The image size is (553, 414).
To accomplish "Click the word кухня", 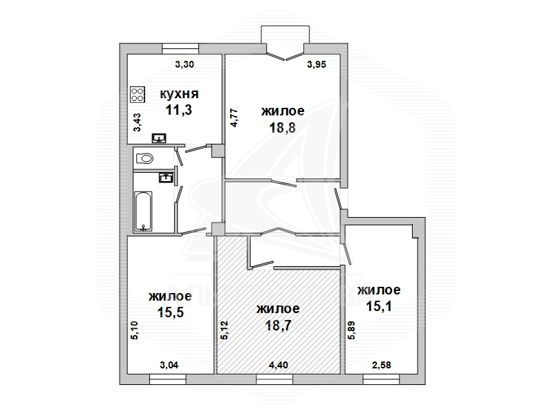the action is pos(179,94).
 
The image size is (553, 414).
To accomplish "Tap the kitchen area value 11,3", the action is pos(179,110).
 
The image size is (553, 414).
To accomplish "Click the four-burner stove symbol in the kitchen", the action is pos(138,95).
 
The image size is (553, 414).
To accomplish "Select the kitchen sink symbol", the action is pos(160,138).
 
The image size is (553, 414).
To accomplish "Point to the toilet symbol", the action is pos(144,158).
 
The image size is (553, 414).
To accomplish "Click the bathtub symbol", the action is pos(143,211).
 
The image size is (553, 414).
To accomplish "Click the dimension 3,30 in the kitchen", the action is pos(185,64).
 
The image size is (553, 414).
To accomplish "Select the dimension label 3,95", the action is pos(317,64).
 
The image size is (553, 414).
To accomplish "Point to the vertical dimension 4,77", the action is pos(234,118).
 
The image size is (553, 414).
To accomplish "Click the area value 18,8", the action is pos(282,128).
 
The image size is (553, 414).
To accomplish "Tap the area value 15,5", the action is pos(170,312).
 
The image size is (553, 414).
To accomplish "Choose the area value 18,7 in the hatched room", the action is pos(279,325).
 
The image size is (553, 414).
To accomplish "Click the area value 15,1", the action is pos(379,306).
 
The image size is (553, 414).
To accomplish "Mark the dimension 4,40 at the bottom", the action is pos(279,365).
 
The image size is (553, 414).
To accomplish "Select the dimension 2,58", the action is pos(382,365).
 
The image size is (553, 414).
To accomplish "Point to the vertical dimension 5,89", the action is pos(352,330).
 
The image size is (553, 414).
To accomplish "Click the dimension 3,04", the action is pos(169,365).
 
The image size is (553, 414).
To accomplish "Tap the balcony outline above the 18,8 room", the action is pos(285,26).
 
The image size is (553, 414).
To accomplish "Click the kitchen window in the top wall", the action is pos(180,48).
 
